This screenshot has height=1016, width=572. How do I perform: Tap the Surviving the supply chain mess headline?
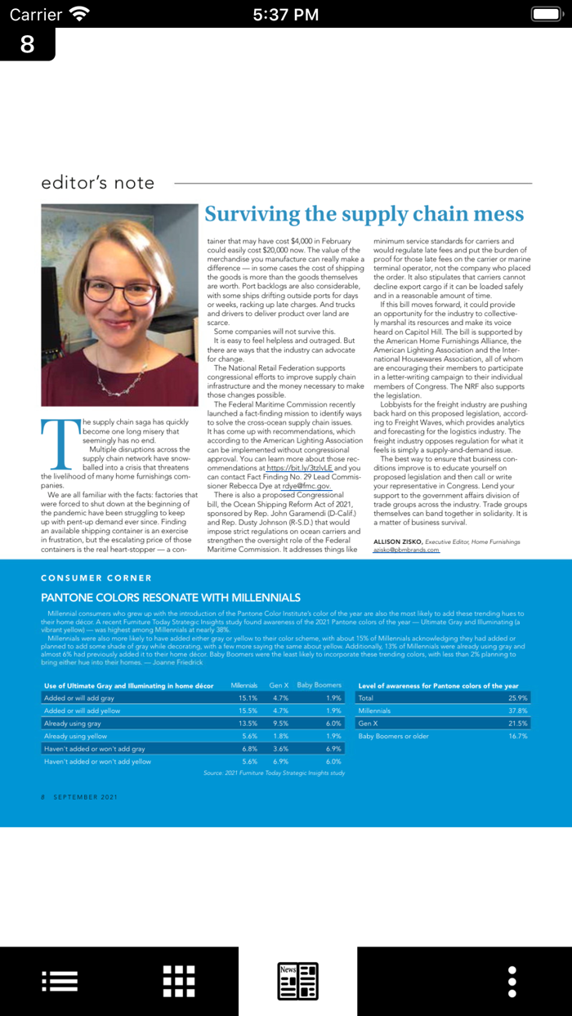[x=364, y=215]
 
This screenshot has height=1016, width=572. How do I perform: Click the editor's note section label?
[x=98, y=183]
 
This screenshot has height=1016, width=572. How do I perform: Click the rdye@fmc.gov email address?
[x=306, y=485]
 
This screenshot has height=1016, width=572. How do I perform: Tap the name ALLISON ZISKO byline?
[x=397, y=541]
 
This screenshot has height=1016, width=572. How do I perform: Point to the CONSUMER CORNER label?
[x=96, y=577]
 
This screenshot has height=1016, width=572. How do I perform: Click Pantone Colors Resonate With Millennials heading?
[x=171, y=598]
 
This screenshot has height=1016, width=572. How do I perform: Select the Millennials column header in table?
[x=244, y=685]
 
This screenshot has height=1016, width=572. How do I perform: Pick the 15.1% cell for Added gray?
[x=248, y=698]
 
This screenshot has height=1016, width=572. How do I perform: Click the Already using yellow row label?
[x=75, y=736]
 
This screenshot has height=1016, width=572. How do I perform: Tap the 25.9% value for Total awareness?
[x=517, y=698]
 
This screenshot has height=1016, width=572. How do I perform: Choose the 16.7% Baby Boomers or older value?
[x=517, y=736]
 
